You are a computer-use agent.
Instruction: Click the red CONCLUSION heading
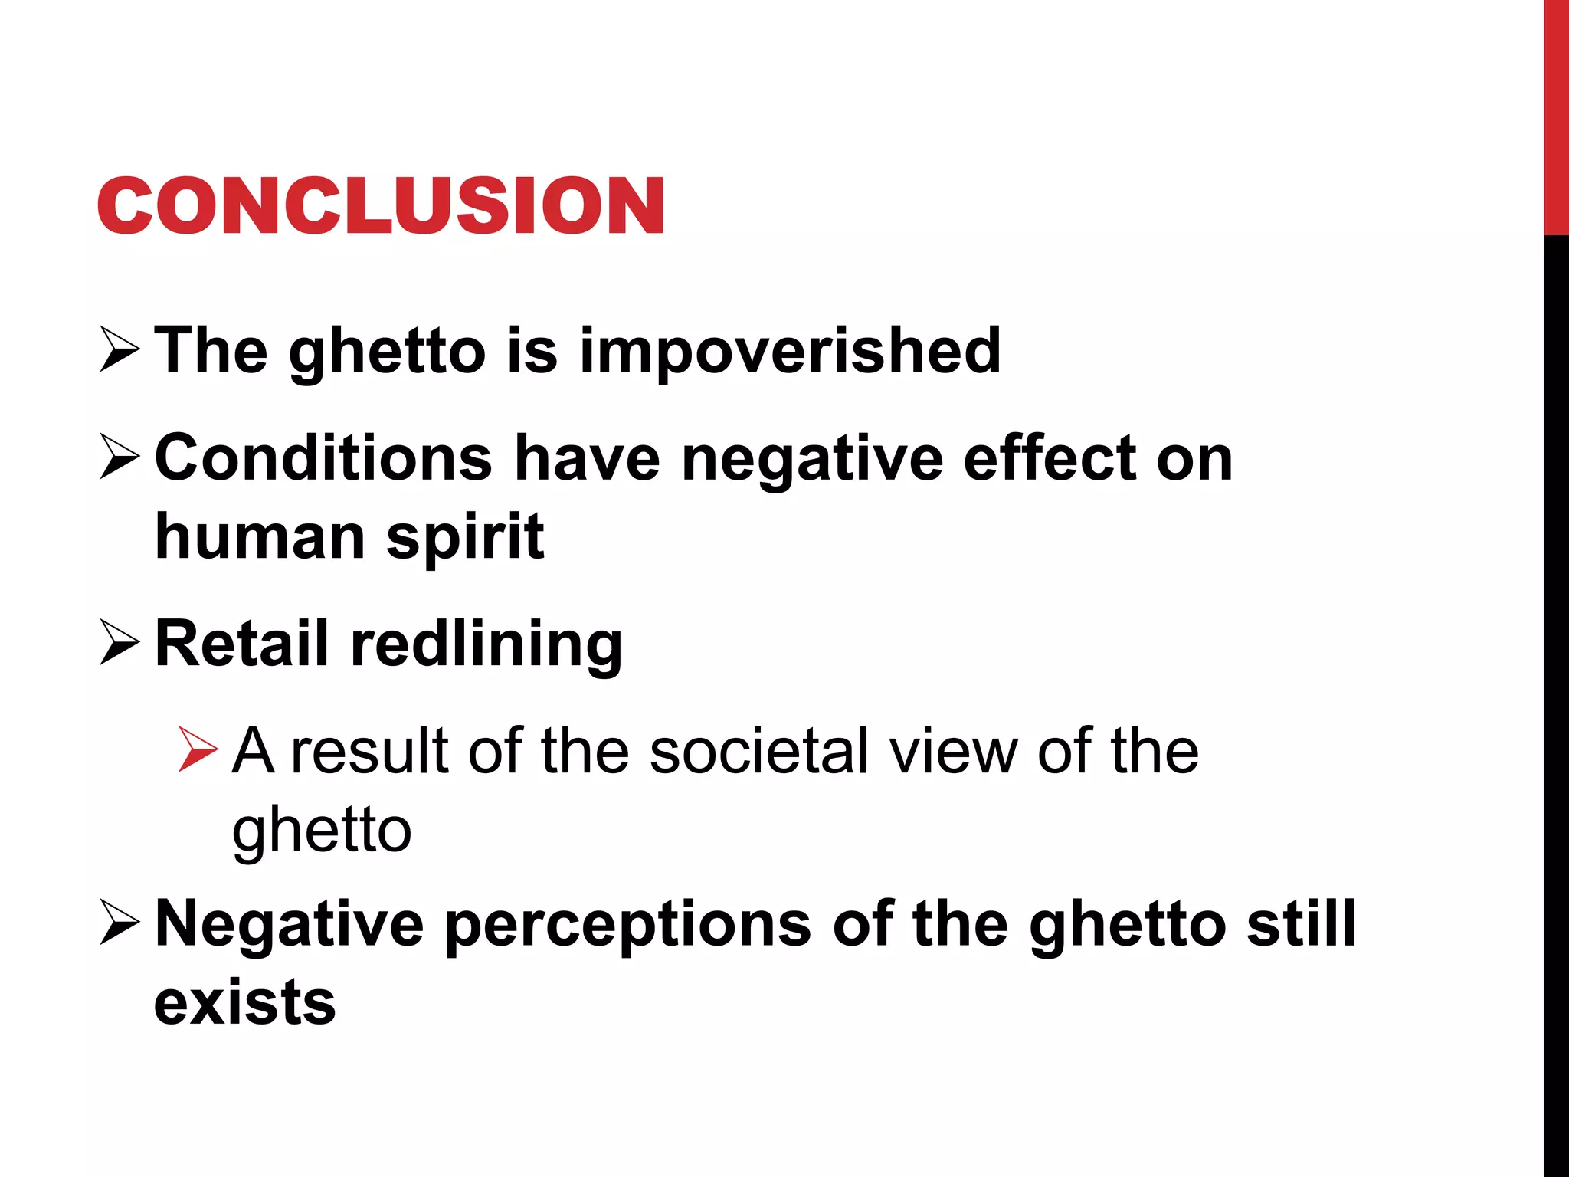coord(381,205)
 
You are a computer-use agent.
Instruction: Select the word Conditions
coord(323,458)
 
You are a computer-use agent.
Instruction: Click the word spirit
coord(465,537)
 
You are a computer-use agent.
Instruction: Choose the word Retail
coord(241,644)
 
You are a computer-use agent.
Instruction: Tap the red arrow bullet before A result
coord(198,749)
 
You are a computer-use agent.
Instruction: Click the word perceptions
coord(628,924)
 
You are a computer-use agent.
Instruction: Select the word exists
coord(245,1002)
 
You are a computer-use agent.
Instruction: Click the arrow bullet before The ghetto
coord(120,350)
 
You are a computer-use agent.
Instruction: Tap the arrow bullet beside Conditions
coord(120,457)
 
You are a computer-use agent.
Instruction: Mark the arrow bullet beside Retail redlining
coord(120,643)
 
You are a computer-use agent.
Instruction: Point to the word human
coord(260,536)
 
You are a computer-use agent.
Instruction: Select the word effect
coord(1050,458)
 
